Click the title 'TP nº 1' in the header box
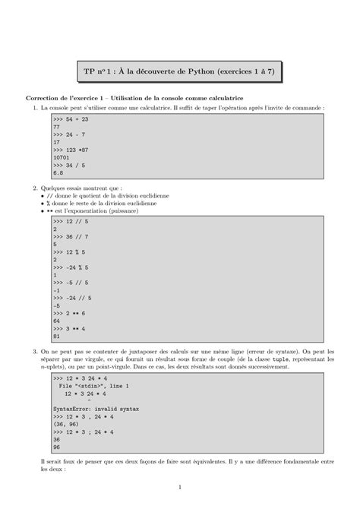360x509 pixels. tap(100, 71)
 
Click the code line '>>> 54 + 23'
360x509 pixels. tap(71, 120)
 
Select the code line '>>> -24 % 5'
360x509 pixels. tap(72, 268)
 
